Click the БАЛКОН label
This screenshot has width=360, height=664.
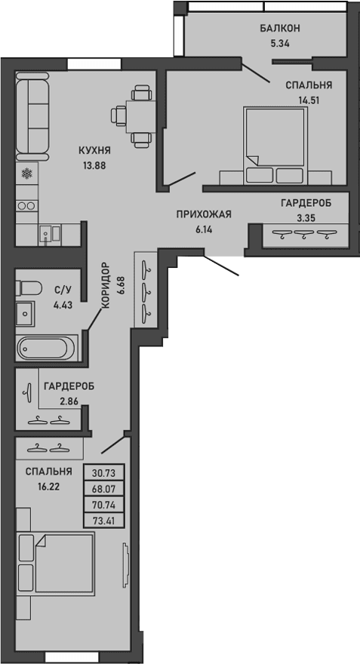coord(280,28)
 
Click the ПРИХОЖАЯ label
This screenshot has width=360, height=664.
coord(203,214)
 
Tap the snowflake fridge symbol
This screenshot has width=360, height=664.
coord(27,175)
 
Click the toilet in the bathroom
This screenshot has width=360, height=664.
coord(28,287)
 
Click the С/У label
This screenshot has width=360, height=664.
coord(62,288)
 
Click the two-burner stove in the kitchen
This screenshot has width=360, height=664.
coord(27,204)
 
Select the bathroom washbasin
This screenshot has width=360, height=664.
coord(25,312)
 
